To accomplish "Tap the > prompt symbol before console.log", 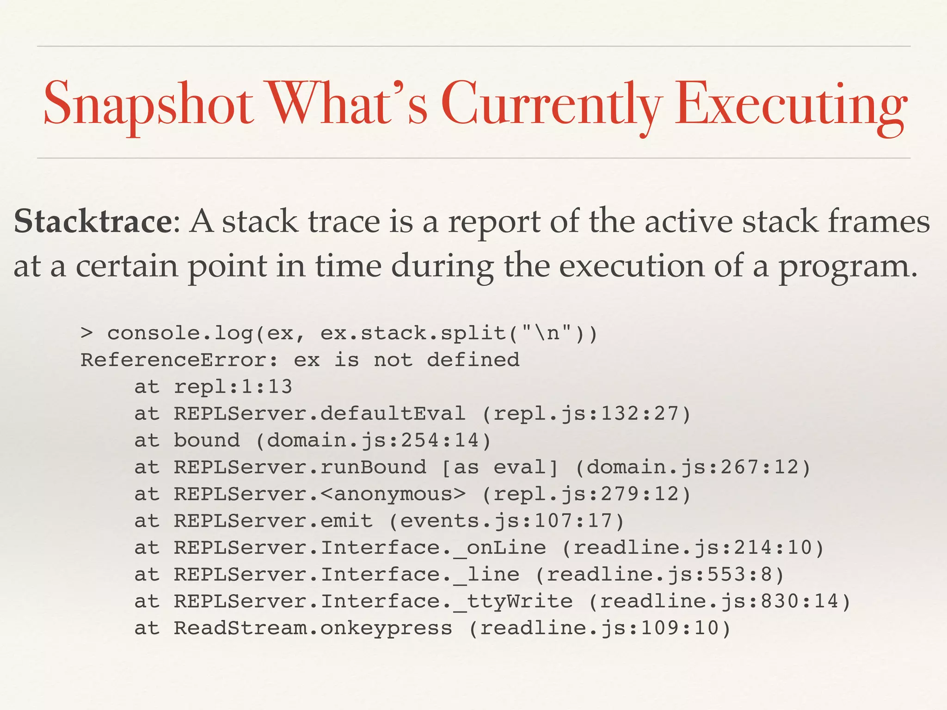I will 86,333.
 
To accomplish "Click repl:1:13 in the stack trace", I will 233,386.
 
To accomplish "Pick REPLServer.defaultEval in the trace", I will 320,413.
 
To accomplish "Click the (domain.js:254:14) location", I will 373,440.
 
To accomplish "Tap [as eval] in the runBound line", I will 500,467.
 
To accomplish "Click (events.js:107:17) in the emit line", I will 506,521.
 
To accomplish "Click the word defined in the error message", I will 473,360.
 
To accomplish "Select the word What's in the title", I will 349,104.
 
